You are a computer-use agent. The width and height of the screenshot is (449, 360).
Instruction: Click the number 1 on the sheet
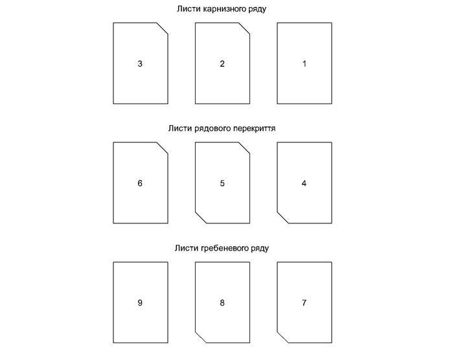click(x=304, y=64)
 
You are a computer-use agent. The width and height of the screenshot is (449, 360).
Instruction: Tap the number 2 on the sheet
click(x=222, y=64)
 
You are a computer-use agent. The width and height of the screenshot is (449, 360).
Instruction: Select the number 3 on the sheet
click(x=140, y=64)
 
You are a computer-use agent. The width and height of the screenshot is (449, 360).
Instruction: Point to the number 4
click(x=304, y=183)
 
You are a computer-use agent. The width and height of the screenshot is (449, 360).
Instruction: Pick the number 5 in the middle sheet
click(x=222, y=183)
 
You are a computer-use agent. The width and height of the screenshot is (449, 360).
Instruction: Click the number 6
click(x=140, y=183)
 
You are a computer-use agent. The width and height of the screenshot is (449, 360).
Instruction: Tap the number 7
click(x=304, y=302)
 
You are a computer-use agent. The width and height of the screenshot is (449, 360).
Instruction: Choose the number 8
click(x=222, y=302)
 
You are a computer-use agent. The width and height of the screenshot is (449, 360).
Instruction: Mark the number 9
click(x=140, y=302)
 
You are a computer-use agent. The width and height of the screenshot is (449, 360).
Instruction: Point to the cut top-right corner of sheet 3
click(x=163, y=28)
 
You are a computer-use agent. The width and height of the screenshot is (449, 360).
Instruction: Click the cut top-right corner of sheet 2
click(x=245, y=28)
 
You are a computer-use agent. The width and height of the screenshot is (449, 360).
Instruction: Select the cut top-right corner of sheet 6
click(x=163, y=148)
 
